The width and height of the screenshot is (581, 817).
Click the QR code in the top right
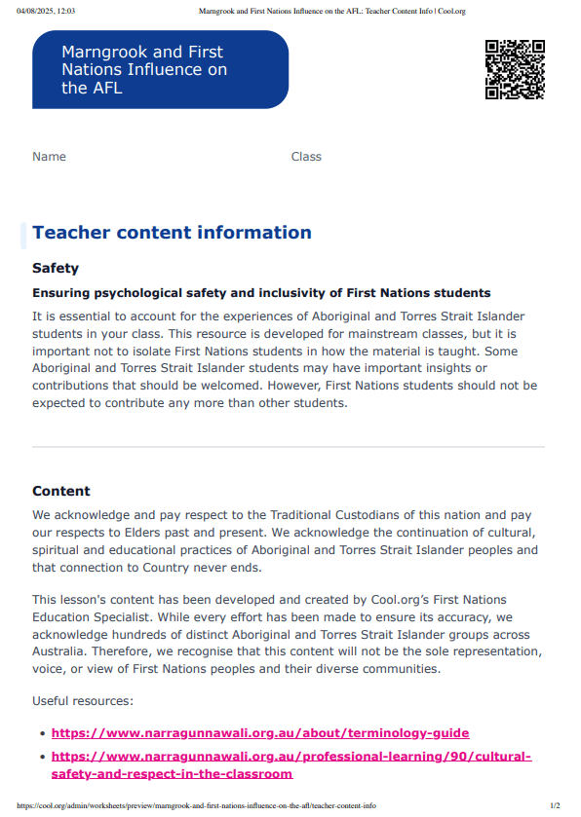coord(515,69)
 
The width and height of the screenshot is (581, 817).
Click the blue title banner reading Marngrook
coord(160,69)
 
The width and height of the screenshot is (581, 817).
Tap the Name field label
coord(49,157)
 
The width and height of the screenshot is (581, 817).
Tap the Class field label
coord(306,157)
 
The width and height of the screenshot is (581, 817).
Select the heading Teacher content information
coord(172,233)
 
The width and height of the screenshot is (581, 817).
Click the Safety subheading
coord(56,269)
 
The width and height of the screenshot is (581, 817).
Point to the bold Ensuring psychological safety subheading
coord(261,293)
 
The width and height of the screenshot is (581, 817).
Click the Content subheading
coord(61,492)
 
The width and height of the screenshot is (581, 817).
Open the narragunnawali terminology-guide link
coord(260,733)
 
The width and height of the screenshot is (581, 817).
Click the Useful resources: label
coord(84,701)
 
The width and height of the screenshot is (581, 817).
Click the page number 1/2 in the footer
coord(555,806)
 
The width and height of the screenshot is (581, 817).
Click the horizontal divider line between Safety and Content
coord(289,447)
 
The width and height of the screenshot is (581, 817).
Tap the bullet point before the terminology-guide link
coord(42,734)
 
